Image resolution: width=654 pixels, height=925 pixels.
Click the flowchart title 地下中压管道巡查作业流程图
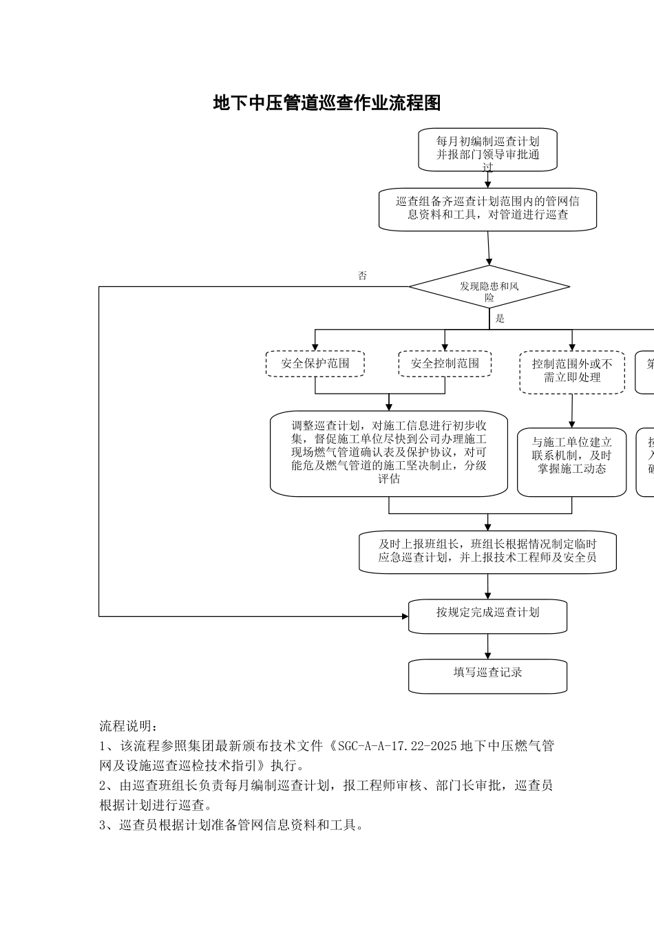coord(327,104)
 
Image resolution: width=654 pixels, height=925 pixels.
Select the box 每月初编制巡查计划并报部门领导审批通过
coord(487,149)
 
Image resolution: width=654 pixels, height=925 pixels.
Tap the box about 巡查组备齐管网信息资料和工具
coord(487,209)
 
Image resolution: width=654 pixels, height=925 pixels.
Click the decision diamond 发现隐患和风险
coord(489,287)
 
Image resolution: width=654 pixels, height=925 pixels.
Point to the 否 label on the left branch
coord(362,276)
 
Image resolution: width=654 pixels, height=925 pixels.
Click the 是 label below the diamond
coord(500,319)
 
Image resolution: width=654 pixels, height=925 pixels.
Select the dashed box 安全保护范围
coord(315,363)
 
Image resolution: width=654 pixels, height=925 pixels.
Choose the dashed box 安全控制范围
coord(445,363)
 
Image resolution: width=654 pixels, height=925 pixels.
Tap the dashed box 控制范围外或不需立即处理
coord(572,371)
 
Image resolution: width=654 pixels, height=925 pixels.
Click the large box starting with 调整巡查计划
coord(389,454)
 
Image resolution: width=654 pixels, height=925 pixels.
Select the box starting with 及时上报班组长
coord(487,551)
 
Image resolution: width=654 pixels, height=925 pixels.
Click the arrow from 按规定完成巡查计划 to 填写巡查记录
coord(488,646)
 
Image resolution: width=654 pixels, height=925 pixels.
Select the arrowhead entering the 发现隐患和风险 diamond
coord(489,262)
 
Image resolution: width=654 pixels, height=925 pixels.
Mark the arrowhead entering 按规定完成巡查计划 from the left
coord(405,616)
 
